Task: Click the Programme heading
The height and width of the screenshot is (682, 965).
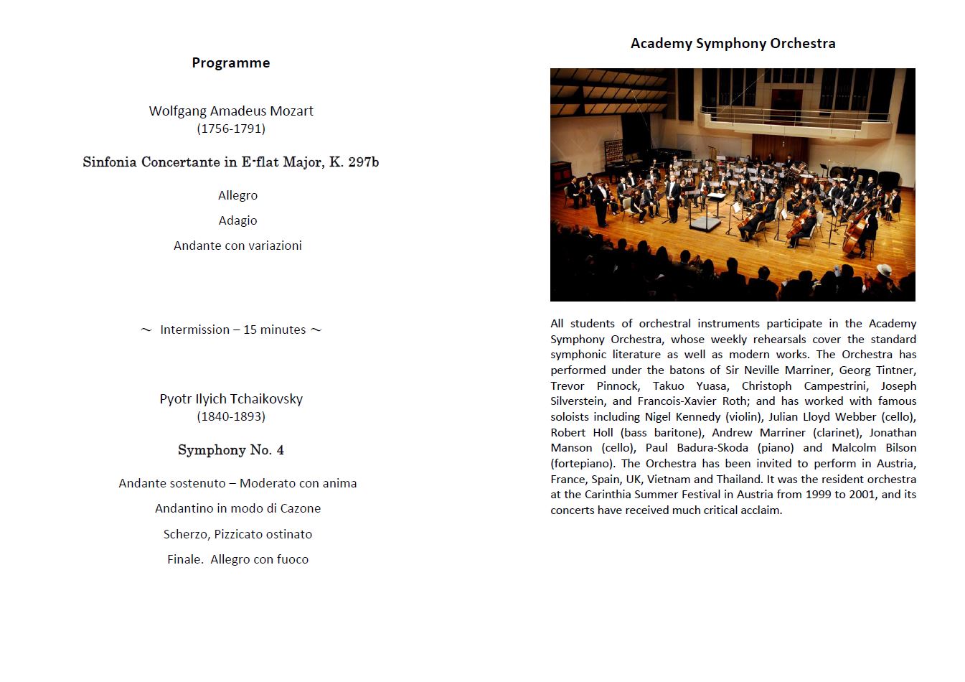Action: [230, 63]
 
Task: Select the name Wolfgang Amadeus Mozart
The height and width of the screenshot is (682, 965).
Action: [230, 111]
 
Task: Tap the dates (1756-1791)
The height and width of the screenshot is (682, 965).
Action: [230, 129]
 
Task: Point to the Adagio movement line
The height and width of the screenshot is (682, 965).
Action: [237, 221]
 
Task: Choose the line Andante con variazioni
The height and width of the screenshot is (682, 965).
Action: [237, 246]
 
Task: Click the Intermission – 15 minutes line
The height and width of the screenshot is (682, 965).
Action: [232, 330]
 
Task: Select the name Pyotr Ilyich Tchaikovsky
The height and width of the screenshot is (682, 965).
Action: [230, 399]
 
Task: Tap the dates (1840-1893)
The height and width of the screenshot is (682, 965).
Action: [230, 417]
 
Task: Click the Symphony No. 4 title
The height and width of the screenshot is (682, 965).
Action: [230, 451]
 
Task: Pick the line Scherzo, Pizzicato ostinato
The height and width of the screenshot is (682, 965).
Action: [237, 535]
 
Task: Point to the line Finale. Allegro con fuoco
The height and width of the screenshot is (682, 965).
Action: [237, 560]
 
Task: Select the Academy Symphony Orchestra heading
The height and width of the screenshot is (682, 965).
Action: [733, 44]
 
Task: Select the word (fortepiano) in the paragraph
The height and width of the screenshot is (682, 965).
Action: [583, 464]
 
